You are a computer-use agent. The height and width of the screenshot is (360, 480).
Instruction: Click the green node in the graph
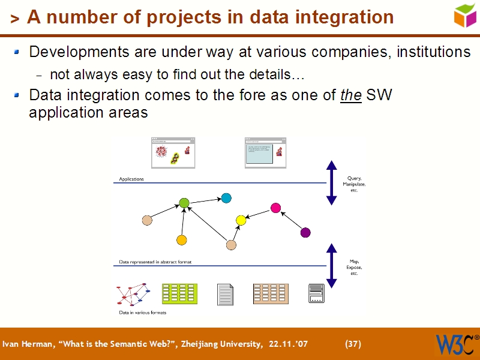[184, 203]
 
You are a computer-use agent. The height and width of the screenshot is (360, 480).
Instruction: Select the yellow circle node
[241, 220]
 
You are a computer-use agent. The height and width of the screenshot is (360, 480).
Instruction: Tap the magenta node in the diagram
[276, 208]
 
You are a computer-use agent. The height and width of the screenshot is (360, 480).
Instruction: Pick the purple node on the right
[305, 232]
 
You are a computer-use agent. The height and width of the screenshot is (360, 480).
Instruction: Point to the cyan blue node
[226, 198]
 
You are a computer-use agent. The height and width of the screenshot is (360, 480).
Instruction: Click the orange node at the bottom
[182, 240]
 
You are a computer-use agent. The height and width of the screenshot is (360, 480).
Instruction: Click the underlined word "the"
[350, 95]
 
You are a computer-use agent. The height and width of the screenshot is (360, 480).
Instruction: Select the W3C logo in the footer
[457, 344]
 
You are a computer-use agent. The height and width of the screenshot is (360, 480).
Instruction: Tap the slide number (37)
[353, 344]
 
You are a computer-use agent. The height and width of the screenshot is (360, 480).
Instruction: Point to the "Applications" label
[131, 179]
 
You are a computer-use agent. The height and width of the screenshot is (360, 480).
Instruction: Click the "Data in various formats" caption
[142, 313]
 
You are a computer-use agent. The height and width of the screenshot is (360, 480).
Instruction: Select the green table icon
[179, 293]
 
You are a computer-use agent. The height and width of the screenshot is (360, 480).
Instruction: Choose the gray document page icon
[225, 294]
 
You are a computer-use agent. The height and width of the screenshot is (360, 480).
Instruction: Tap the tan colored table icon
[271, 293]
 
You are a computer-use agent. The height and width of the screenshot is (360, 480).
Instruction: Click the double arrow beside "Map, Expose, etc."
[331, 266]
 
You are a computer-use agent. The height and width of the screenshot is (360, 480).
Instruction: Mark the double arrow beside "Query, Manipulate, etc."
[331, 183]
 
